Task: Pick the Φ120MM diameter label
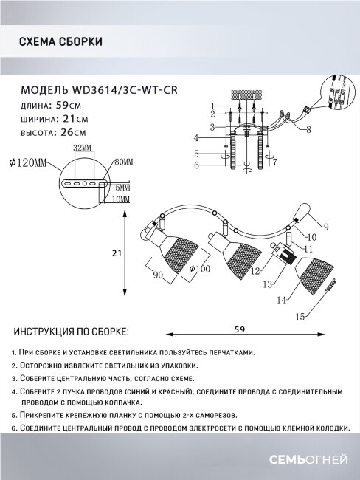(x=27, y=162)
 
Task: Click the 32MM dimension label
(x=82, y=149)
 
